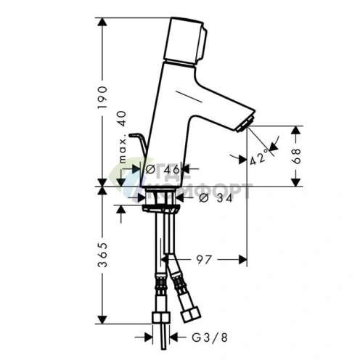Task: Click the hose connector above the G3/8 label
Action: click(160, 320)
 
